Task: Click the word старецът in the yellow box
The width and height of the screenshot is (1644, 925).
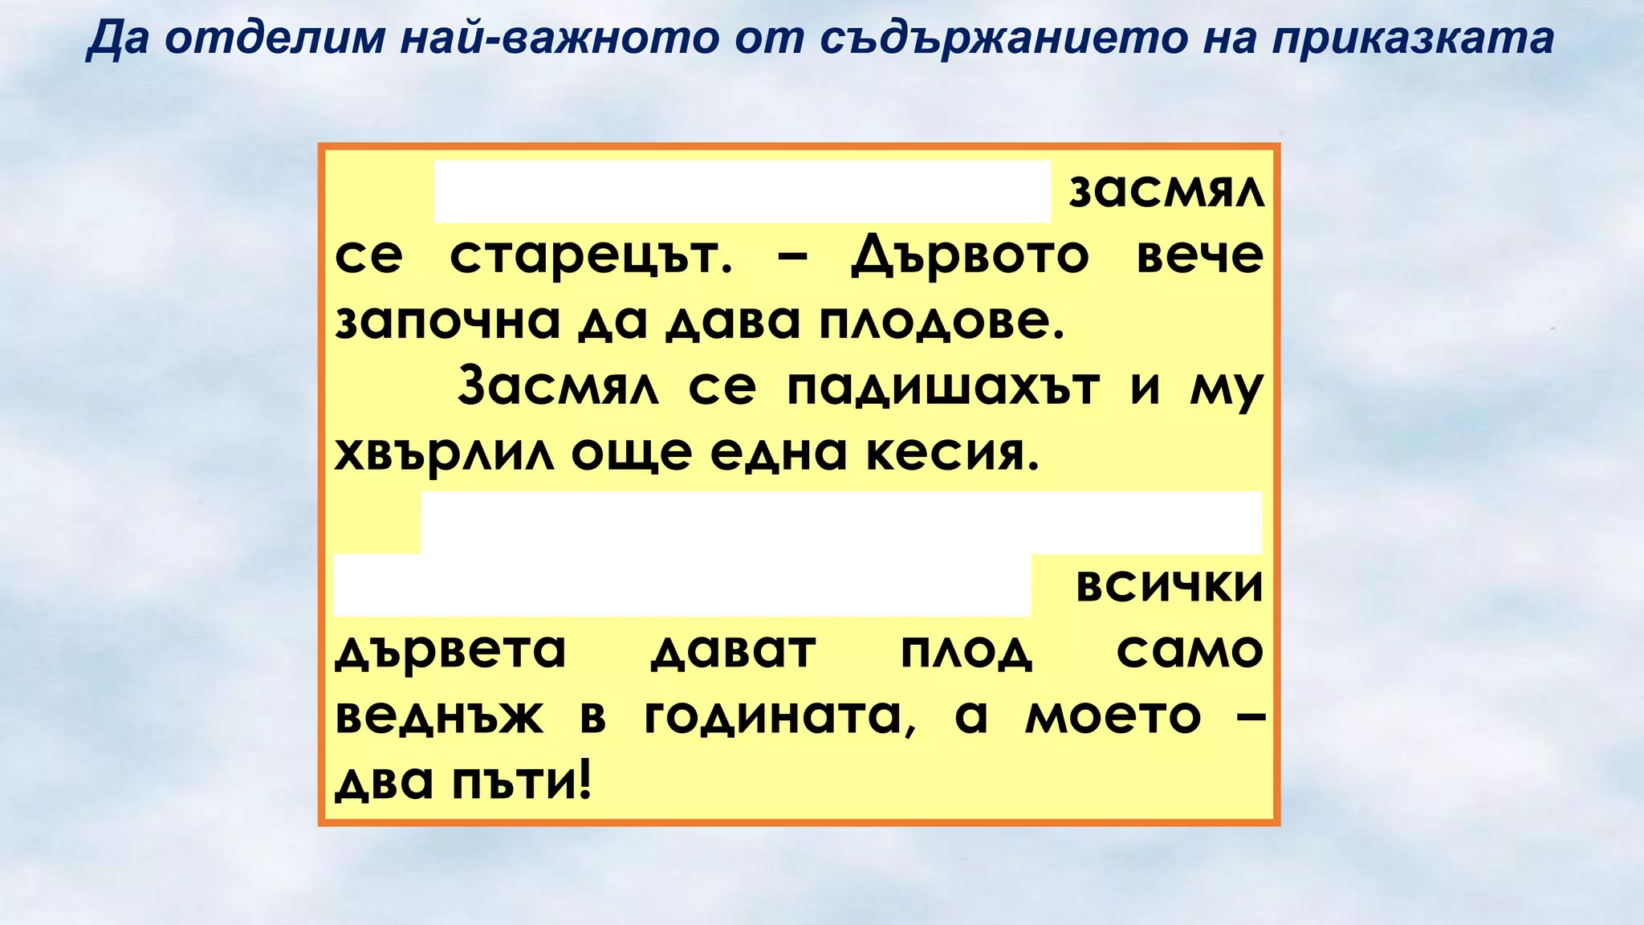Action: (591, 257)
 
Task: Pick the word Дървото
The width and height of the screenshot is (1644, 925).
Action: (970, 257)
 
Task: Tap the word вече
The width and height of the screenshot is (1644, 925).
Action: (1199, 257)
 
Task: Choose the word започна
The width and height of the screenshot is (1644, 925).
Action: (446, 323)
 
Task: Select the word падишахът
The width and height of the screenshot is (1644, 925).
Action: (942, 389)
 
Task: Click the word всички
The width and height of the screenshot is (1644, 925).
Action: (1169, 586)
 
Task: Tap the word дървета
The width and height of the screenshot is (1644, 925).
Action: (450, 651)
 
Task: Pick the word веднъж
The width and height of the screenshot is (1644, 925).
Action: (439, 717)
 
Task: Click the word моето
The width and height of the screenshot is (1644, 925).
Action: (1113, 717)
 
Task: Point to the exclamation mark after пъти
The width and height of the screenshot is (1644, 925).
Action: (584, 780)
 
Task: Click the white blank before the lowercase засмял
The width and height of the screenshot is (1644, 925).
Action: (743, 191)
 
